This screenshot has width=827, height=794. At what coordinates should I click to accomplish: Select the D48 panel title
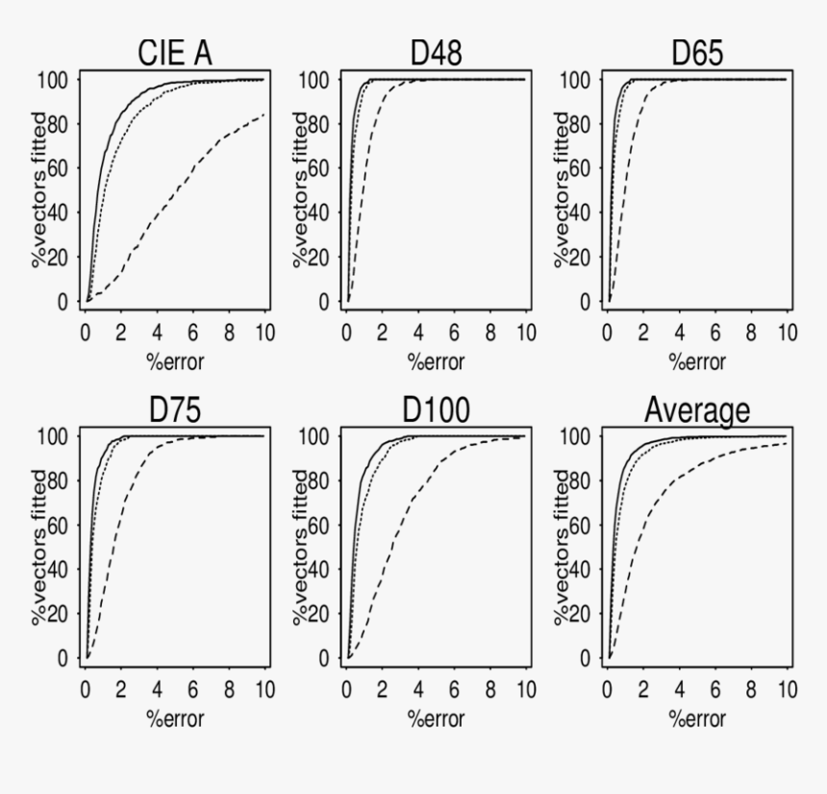coord(436,54)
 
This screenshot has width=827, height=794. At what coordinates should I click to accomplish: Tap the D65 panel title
coord(697,54)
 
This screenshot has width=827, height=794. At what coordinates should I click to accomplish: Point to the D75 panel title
coord(175,410)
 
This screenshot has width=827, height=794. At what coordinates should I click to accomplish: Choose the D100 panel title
coord(436,410)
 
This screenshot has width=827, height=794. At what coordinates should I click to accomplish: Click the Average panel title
coord(697,410)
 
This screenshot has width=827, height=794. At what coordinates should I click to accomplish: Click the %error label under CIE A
coord(175,361)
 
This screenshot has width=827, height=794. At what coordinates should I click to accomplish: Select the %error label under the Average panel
coord(697,718)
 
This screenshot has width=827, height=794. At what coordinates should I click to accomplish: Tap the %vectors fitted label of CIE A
coord(39,190)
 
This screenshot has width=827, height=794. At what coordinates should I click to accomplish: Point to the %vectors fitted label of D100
coord(301,547)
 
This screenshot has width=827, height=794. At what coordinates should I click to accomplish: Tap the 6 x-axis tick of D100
coord(454,689)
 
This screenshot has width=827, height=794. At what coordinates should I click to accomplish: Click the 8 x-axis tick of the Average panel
coord(751,689)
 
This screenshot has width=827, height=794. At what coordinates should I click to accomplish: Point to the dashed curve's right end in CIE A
coord(264,114)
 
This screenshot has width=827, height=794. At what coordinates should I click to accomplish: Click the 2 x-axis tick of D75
coord(122,689)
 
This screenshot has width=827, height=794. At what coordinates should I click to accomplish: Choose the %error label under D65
coord(697,361)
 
